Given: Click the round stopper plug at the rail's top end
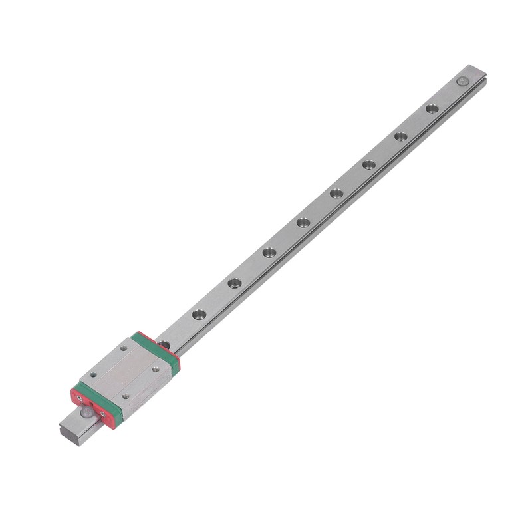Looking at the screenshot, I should [462, 81].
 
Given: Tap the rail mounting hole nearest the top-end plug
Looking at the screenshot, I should [432, 108].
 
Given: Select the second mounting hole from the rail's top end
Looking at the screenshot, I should [401, 136].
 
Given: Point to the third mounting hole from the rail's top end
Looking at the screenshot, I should [369, 164].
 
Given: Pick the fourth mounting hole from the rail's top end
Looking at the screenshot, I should [336, 194].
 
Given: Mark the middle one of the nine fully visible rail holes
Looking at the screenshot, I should [303, 223].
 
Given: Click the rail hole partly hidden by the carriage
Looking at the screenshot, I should [164, 344].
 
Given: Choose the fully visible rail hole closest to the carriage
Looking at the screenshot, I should [199, 314].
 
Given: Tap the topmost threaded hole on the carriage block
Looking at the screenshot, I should [124, 348].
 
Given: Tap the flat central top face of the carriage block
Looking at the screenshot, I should [124, 372].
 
